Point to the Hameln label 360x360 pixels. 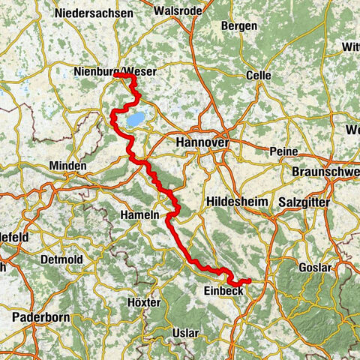139,214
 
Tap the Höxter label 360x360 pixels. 144,302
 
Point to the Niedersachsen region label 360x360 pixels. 94,13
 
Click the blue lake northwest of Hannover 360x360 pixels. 136,119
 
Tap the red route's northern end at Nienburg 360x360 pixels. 115,75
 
